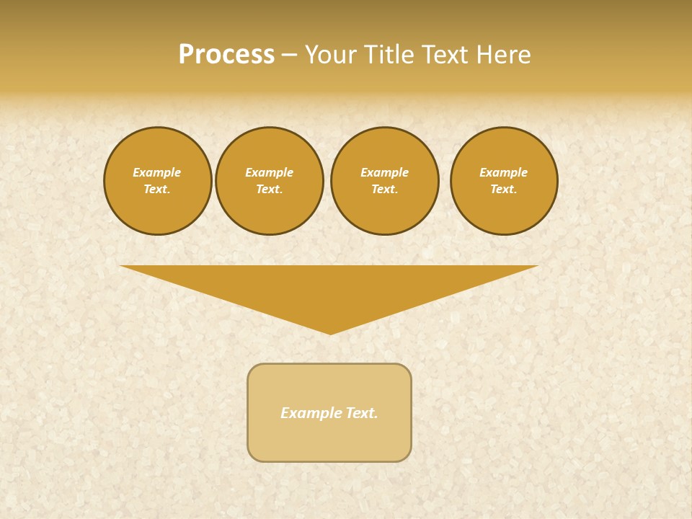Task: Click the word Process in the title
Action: pyautogui.click(x=226, y=55)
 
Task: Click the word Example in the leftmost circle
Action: pyautogui.click(x=157, y=172)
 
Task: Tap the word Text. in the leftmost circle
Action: pyautogui.click(x=157, y=189)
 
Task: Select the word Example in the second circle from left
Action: pyautogui.click(x=269, y=172)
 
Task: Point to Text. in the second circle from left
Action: pyautogui.click(x=269, y=189)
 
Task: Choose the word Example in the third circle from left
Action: pyautogui.click(x=384, y=172)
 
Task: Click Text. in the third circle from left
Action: pyautogui.click(x=384, y=189)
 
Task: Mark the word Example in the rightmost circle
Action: pyautogui.click(x=503, y=172)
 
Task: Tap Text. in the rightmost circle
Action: pyautogui.click(x=503, y=189)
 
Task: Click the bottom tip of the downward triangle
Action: pyautogui.click(x=329, y=334)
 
